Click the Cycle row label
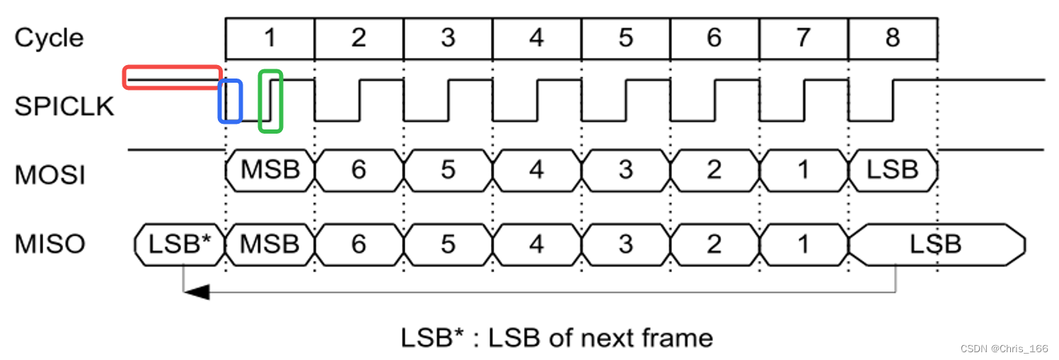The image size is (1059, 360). tap(49, 37)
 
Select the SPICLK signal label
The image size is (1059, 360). tap(64, 106)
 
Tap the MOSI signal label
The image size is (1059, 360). tap(50, 175)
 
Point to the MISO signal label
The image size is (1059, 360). tap(50, 244)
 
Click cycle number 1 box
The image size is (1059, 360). tap(270, 37)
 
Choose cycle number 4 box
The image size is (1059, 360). tap(537, 37)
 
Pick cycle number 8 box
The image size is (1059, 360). tap(893, 37)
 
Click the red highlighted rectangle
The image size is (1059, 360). tap(173, 77)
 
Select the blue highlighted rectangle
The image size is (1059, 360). tap(230, 101)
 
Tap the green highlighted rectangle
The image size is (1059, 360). tap(270, 101)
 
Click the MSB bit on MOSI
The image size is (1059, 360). tap(270, 170)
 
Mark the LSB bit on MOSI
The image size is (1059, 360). tap(893, 170)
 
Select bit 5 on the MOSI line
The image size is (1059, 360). tap(448, 170)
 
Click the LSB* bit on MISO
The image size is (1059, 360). tap(180, 244)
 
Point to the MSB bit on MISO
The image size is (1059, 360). tap(270, 244)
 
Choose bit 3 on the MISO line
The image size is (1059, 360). tap(625, 244)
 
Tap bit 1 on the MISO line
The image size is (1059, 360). tap(803, 244)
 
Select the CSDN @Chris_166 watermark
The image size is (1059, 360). tap(1004, 349)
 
